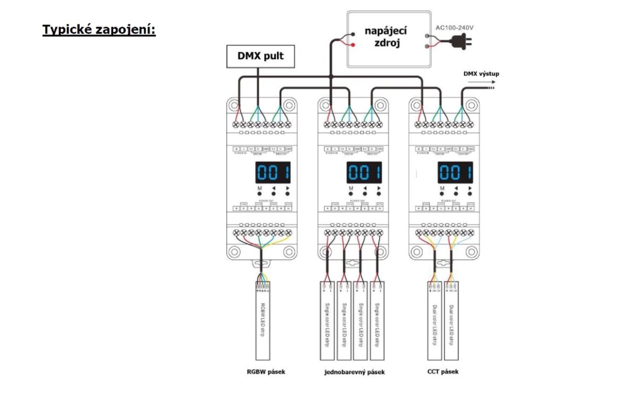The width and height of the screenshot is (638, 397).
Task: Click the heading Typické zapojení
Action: (99, 29)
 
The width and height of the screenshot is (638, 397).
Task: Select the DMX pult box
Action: (261, 56)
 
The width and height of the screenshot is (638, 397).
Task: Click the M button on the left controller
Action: (259, 195)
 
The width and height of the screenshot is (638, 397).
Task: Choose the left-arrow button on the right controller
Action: (456, 195)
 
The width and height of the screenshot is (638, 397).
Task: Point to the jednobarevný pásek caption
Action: (354, 372)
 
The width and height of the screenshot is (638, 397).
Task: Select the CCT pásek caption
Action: (443, 371)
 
